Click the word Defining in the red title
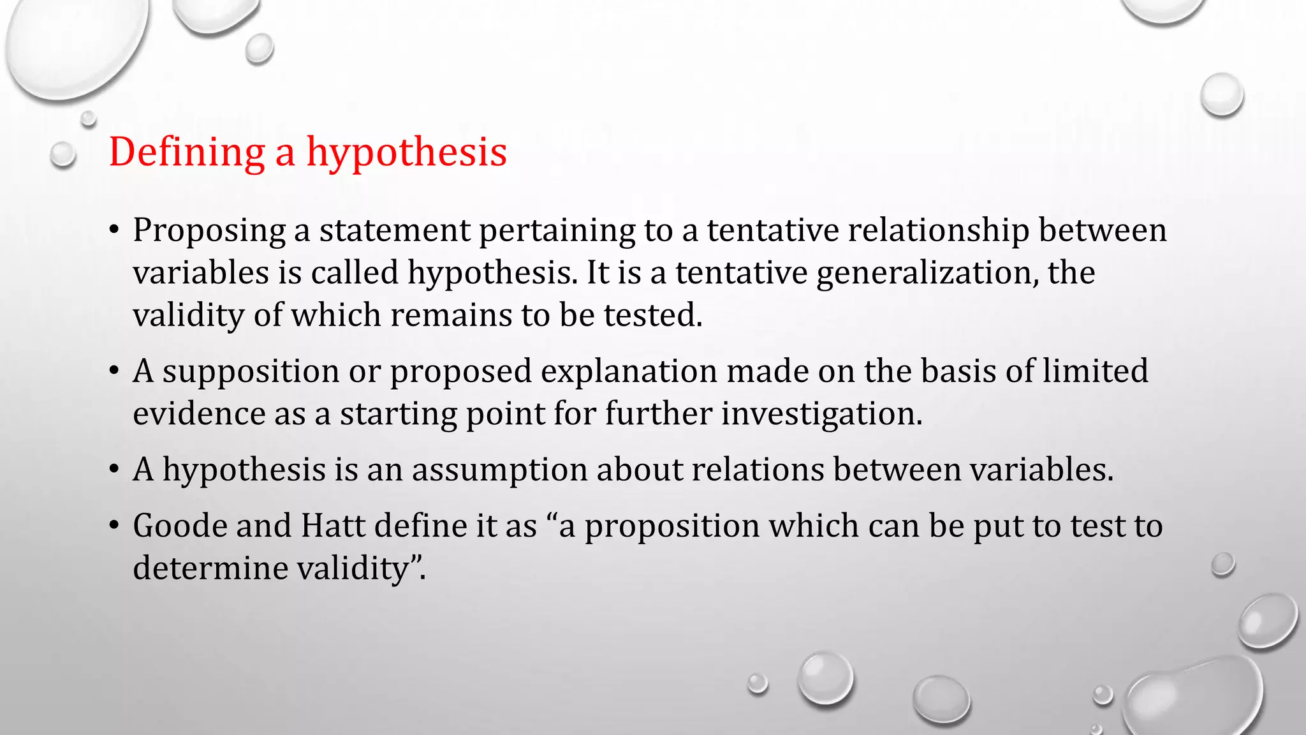coord(187,152)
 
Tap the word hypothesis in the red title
coord(407,152)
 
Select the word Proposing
coord(209,230)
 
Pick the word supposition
coord(251,371)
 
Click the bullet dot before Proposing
coord(114,230)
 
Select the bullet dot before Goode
coord(114,526)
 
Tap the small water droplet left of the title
coord(62,155)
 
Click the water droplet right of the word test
coord(1222,565)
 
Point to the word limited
coord(1095,371)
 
